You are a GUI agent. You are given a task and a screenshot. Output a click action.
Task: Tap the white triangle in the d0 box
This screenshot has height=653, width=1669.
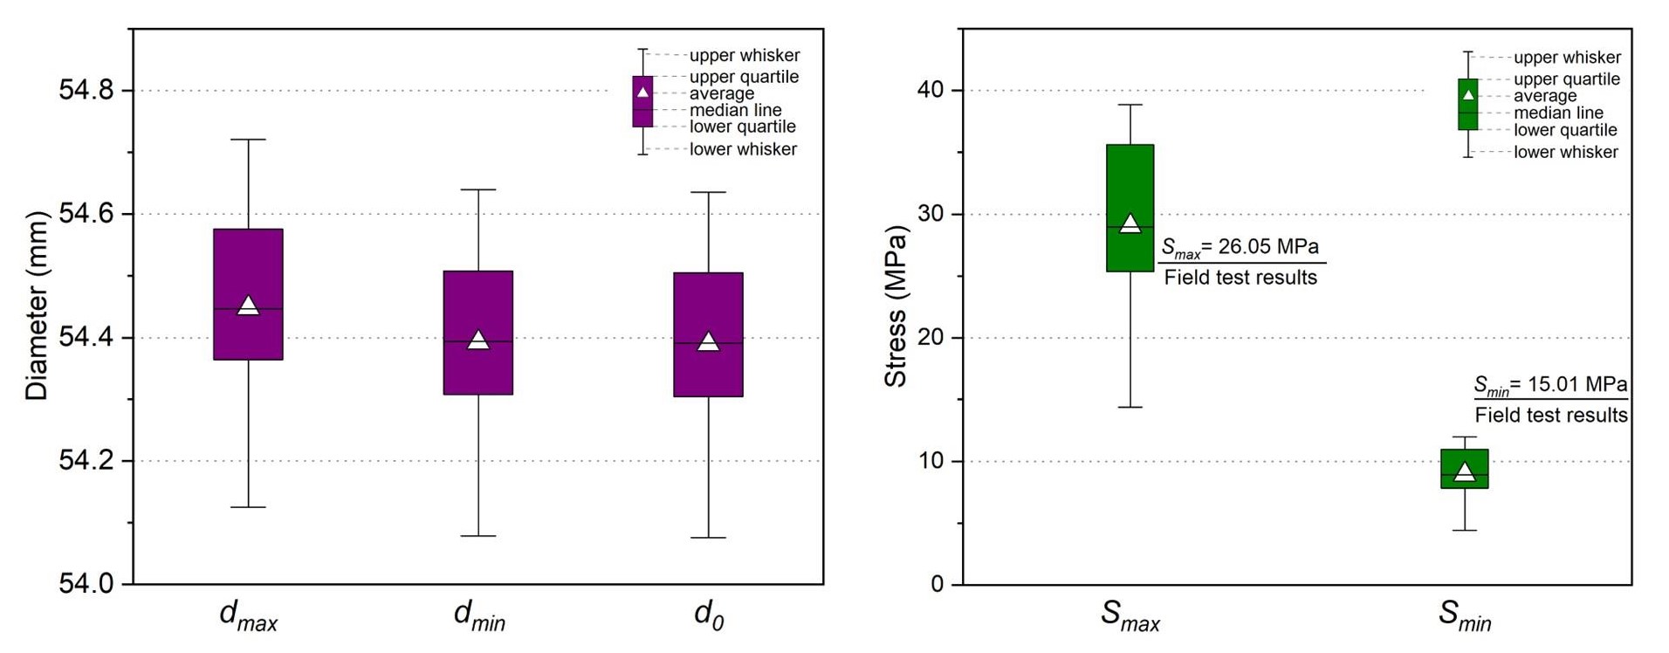point(708,341)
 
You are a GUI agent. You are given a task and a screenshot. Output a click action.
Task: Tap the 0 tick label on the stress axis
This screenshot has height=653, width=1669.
point(938,585)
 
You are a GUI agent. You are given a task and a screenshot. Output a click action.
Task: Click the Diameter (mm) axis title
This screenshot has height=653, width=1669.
point(37,306)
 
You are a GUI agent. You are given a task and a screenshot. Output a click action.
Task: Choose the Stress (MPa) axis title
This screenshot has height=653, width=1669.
point(896,306)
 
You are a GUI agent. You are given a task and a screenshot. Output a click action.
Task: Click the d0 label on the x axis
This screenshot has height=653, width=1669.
point(708,615)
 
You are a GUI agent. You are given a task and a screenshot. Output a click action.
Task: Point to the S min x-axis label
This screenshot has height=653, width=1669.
point(1464,615)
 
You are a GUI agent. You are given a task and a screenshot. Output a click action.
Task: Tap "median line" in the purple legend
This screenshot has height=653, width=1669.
point(735,111)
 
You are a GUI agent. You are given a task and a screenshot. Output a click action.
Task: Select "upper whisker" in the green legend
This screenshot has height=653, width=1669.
point(1567,58)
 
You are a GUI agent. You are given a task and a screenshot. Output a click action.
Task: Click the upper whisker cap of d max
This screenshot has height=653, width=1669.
point(248,139)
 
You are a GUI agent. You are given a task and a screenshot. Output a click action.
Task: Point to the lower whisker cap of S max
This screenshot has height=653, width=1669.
point(1130,407)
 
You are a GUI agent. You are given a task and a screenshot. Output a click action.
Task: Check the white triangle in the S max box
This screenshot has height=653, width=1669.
point(1130,224)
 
